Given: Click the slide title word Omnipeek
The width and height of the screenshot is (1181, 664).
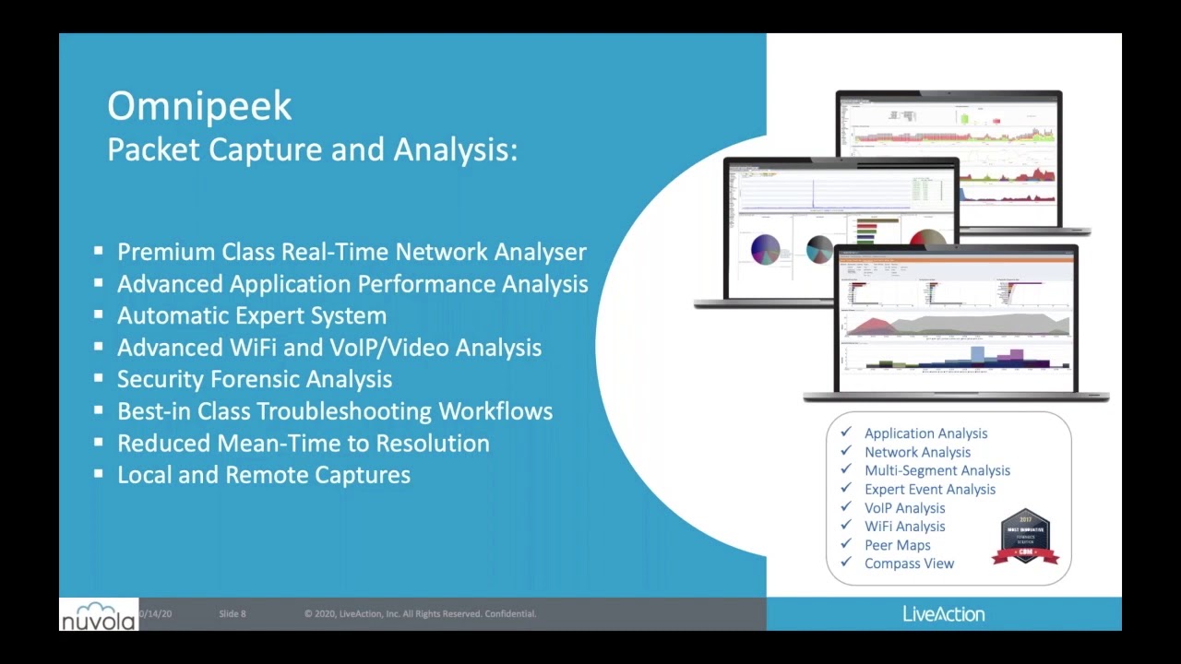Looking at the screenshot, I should (199, 107).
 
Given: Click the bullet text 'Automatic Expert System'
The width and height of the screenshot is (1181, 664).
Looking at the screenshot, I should (251, 315).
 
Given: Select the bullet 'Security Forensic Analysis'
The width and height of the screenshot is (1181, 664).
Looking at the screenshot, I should (254, 379).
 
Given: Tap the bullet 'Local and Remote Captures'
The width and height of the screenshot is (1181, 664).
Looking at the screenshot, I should (263, 475).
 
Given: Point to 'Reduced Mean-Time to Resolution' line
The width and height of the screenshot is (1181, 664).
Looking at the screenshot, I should (303, 443).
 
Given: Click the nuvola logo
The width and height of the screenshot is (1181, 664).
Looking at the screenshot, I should (99, 615).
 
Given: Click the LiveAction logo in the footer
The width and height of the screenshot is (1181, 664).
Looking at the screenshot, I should (943, 614).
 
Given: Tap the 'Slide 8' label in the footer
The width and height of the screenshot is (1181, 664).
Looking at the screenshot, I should (233, 614).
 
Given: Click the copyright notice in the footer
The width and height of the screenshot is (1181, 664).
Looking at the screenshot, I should (420, 614).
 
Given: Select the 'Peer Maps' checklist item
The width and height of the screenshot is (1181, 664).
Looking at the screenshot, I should (897, 545).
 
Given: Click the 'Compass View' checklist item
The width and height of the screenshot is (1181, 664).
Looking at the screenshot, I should (909, 563).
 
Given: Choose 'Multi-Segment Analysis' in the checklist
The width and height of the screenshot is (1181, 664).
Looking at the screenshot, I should (936, 470).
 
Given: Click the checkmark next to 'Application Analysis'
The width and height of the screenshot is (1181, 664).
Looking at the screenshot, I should (846, 432).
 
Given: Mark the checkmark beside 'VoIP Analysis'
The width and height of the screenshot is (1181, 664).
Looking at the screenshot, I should (846, 506).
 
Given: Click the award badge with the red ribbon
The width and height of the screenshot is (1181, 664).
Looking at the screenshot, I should (1025, 537).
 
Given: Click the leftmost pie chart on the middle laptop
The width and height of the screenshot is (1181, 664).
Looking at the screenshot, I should (765, 250).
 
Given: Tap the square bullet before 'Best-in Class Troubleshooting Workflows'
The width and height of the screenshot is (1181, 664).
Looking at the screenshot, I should (99, 410).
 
